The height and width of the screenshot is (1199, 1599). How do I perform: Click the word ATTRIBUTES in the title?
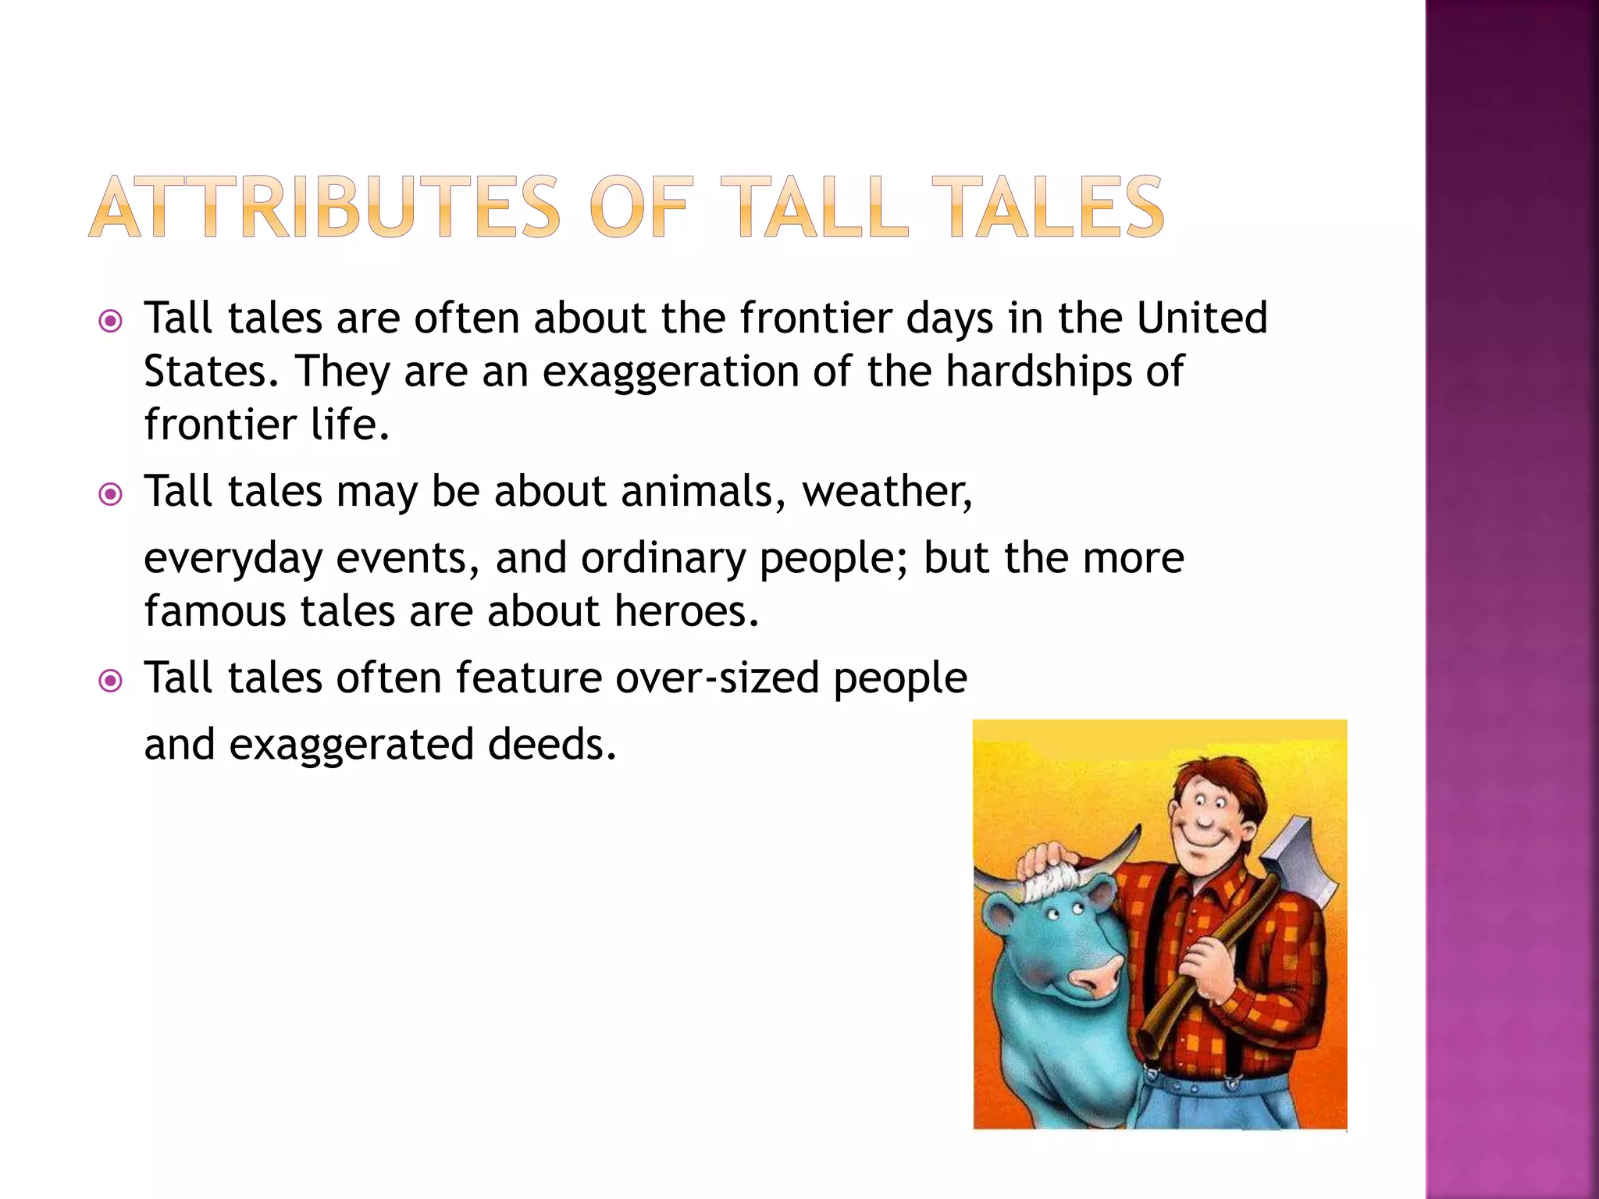coord(324,207)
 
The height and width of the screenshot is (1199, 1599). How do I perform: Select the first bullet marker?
coord(111,322)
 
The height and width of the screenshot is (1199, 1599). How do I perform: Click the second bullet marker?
coord(111,495)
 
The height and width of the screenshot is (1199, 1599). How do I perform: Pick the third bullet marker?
coord(111,681)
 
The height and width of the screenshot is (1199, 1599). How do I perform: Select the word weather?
coord(887,492)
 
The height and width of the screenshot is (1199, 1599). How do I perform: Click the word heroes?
coord(686,611)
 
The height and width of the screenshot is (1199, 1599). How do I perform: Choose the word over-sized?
coord(717,678)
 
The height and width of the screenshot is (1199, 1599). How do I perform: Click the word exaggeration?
coord(670,372)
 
